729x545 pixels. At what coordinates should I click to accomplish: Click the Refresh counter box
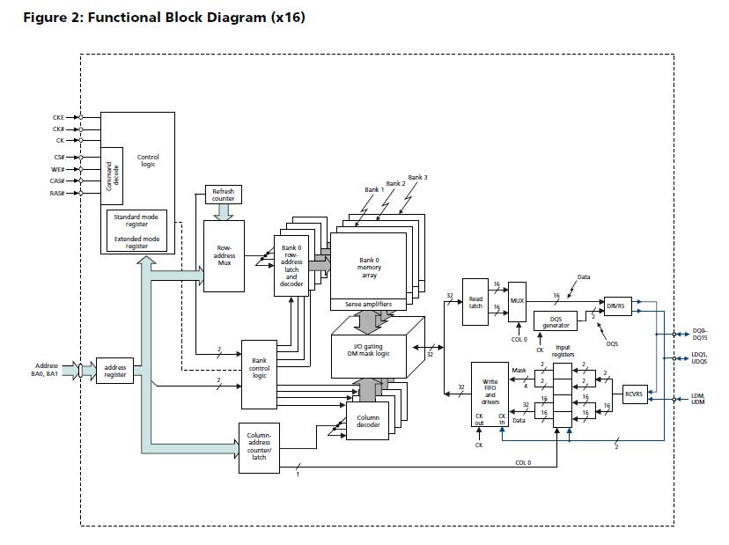pyautogui.click(x=223, y=195)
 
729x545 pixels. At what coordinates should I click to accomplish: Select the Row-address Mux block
pyautogui.click(x=225, y=255)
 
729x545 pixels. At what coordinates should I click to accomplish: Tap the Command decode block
pyautogui.click(x=112, y=176)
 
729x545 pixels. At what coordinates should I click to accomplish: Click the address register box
pyautogui.click(x=114, y=371)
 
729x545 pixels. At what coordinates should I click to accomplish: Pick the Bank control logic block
pyautogui.click(x=259, y=374)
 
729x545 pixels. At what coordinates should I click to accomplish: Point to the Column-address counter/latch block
pyautogui.click(x=259, y=448)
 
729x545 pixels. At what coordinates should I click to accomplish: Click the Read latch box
pyautogui.click(x=475, y=302)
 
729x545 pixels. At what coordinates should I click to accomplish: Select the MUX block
pyautogui.click(x=517, y=301)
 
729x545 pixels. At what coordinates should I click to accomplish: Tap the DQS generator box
pyautogui.click(x=556, y=321)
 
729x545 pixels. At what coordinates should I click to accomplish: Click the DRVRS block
pyautogui.click(x=618, y=306)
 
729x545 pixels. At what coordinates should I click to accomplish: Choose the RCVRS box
pyautogui.click(x=635, y=394)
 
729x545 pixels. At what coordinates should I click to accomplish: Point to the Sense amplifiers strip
pyautogui.click(x=368, y=305)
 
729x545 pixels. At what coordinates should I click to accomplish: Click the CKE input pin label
pyautogui.click(x=58, y=118)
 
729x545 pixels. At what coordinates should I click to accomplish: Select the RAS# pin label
pyautogui.click(x=56, y=193)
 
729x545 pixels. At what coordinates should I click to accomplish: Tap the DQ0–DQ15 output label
pyautogui.click(x=700, y=335)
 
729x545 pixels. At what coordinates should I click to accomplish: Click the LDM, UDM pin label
pyautogui.click(x=698, y=399)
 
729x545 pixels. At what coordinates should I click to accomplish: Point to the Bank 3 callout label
pyautogui.click(x=417, y=177)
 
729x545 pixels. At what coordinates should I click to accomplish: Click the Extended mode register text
pyautogui.click(x=136, y=242)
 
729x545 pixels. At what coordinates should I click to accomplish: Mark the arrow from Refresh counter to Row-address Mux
pyautogui.click(x=224, y=212)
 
